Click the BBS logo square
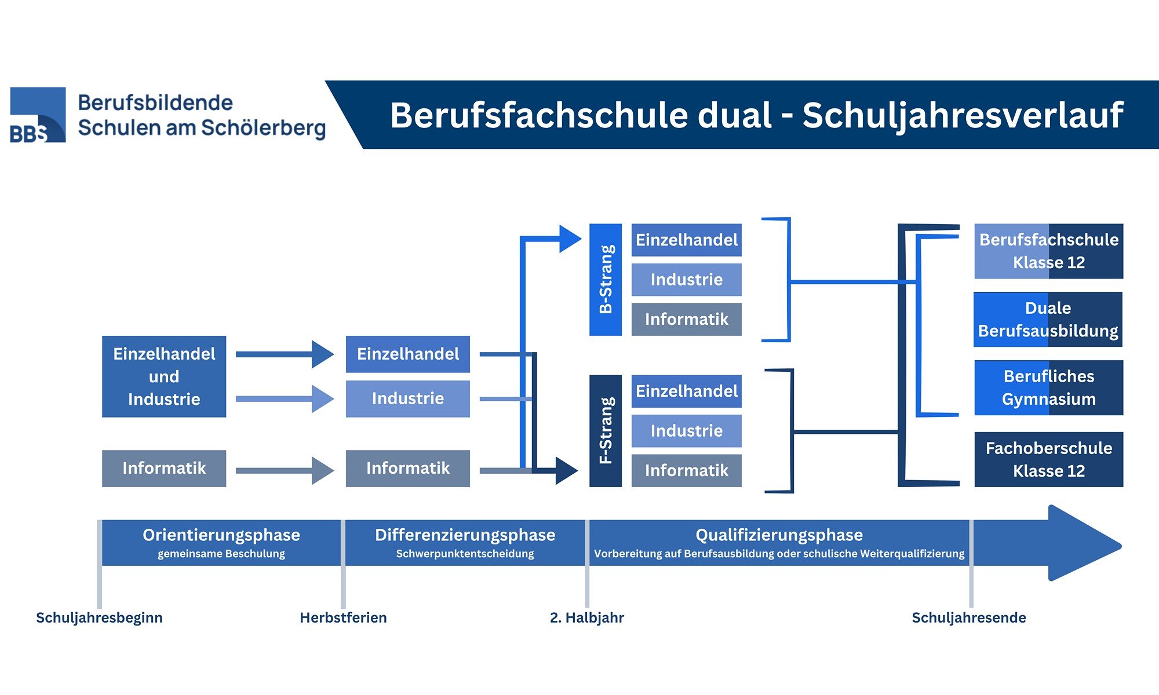(38, 115)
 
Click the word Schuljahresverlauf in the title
(963, 115)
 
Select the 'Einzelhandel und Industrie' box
(164, 376)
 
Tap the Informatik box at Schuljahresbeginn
(164, 468)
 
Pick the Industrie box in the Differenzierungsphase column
(408, 398)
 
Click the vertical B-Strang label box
(606, 279)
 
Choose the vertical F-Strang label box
(606, 430)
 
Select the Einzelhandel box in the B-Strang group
(686, 240)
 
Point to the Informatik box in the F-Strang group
(686, 470)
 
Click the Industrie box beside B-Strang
(686, 280)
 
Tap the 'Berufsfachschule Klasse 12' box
(1048, 251)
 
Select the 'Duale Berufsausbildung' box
(1048, 319)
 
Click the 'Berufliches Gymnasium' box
(1048, 387)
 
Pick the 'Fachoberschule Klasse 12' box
(1048, 459)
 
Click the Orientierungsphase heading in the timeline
(221, 535)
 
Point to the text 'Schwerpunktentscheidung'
(465, 554)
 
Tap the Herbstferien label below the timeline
(343, 617)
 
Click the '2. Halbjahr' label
(586, 617)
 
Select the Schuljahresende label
(968, 617)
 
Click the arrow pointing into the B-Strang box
(569, 239)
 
